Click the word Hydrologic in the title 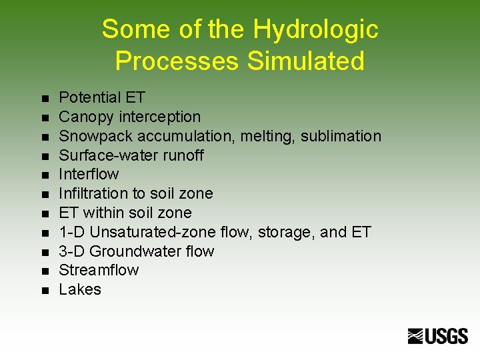[315, 30]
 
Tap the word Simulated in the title [306, 61]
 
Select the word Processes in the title [177, 61]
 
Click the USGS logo [438, 336]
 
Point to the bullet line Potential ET [102, 97]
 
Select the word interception [159, 117]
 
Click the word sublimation [341, 136]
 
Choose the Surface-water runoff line [131, 155]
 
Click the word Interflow [89, 174]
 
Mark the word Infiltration [91, 193]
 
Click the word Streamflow [99, 270]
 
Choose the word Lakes [80, 289]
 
